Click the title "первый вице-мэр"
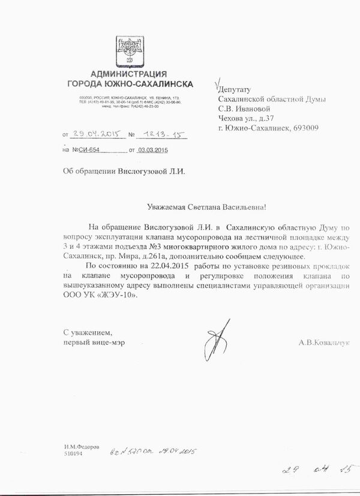tap(91, 343)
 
